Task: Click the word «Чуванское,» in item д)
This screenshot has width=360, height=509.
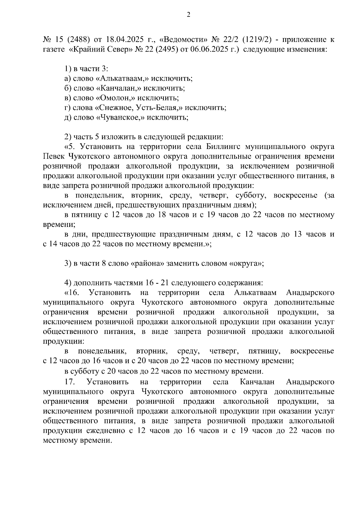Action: (120, 118)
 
